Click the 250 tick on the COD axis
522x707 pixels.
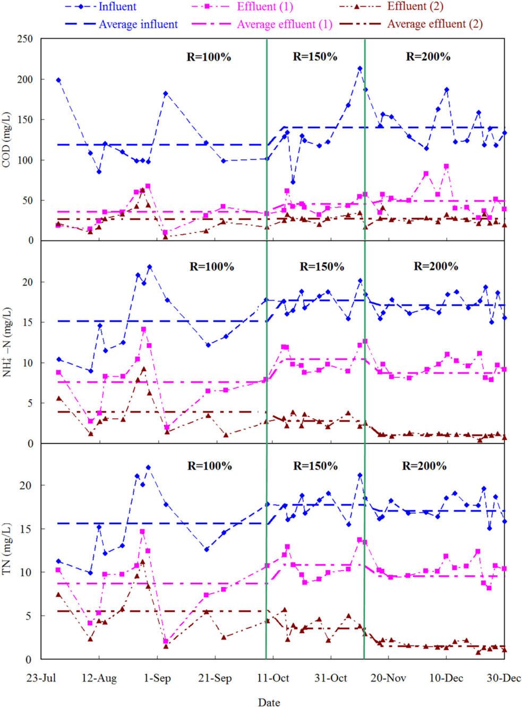24,39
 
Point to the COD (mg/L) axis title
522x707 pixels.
6,140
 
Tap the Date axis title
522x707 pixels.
269,702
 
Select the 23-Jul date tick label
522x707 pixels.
41,678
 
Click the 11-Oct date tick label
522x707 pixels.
273,678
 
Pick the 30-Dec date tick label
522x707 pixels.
503,678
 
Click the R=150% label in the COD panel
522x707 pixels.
315,57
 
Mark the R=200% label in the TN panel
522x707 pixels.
424,466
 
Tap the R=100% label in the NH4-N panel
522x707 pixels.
212,266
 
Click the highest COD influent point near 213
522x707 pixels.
360,68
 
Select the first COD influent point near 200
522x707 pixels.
58,80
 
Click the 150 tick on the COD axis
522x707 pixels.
24,119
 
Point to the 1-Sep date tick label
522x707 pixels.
157,678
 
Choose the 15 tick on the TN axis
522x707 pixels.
25,529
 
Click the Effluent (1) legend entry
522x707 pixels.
264,7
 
